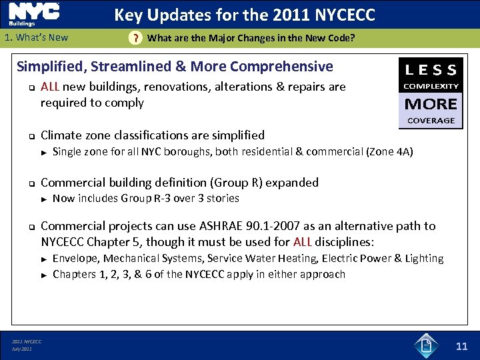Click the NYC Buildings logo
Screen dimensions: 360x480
click(33, 14)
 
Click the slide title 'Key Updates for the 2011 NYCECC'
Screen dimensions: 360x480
click(245, 15)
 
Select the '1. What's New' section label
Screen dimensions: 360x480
click(36, 37)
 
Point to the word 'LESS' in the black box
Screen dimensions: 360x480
click(431, 69)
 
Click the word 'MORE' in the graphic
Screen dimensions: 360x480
click(431, 104)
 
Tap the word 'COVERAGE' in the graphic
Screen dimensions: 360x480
click(431, 121)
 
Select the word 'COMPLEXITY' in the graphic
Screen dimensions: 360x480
click(431, 86)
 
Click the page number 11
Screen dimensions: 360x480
click(461, 346)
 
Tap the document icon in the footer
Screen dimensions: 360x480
click(425, 345)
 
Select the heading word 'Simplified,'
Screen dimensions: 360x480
click(52, 67)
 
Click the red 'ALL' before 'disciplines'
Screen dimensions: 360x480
click(303, 241)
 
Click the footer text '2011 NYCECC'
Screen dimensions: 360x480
click(26, 342)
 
